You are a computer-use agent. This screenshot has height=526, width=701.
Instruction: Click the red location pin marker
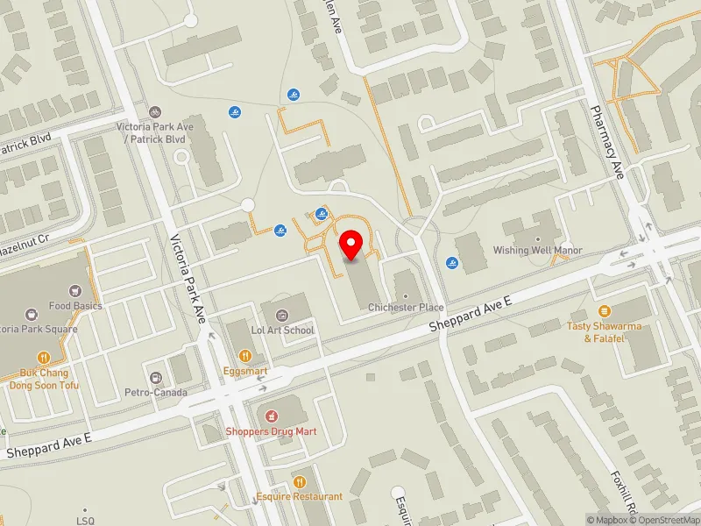tap(351, 245)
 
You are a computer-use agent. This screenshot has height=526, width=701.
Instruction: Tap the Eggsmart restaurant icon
tap(244, 356)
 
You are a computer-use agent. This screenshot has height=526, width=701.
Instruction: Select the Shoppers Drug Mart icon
tap(271, 414)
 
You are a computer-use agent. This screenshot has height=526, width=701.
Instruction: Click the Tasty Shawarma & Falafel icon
tap(603, 311)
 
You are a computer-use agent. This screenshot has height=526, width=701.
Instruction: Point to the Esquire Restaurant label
tap(300, 496)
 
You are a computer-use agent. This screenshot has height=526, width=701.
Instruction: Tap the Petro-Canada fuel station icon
tap(156, 377)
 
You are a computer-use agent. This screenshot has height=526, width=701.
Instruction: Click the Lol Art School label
tap(282, 330)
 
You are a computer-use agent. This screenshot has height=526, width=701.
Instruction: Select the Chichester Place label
tap(406, 308)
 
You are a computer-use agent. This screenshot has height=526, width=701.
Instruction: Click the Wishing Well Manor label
tap(537, 250)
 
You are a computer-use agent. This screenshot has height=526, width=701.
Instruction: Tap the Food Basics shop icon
tap(75, 290)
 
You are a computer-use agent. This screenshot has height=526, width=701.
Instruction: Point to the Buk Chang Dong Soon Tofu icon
tap(44, 357)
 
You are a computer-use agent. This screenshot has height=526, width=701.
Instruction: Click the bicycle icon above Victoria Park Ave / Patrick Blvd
tap(154, 111)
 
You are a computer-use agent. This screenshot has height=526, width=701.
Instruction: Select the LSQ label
tap(86, 521)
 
